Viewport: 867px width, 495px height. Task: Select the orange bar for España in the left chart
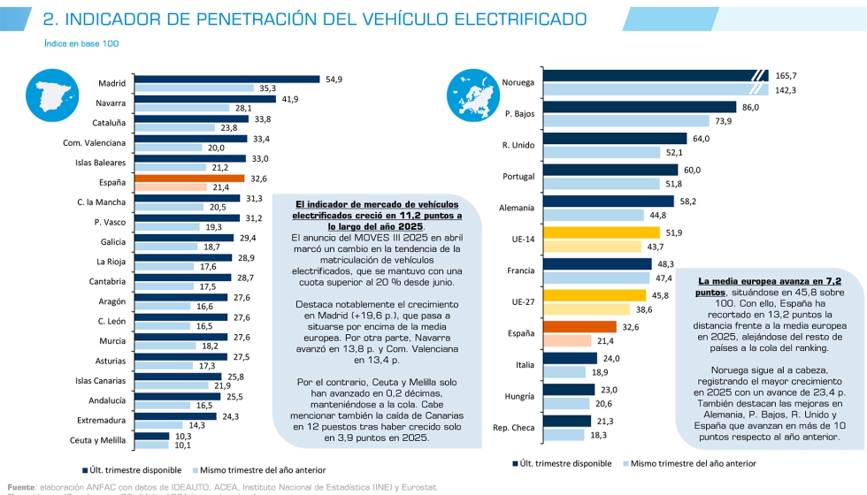(186, 178)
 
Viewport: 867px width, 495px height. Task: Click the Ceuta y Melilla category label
(97, 439)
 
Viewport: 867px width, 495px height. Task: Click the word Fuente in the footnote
(21, 486)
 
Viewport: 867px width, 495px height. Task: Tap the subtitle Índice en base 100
(81, 42)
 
